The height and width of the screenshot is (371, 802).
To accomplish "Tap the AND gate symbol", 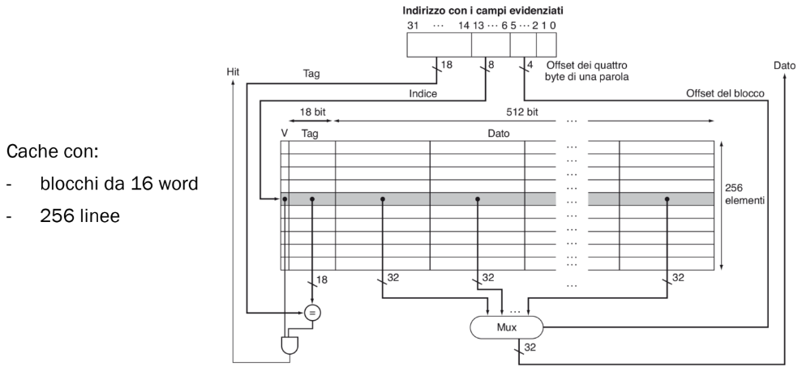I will [x=289, y=346].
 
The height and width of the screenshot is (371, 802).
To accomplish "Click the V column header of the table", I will [x=284, y=133].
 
